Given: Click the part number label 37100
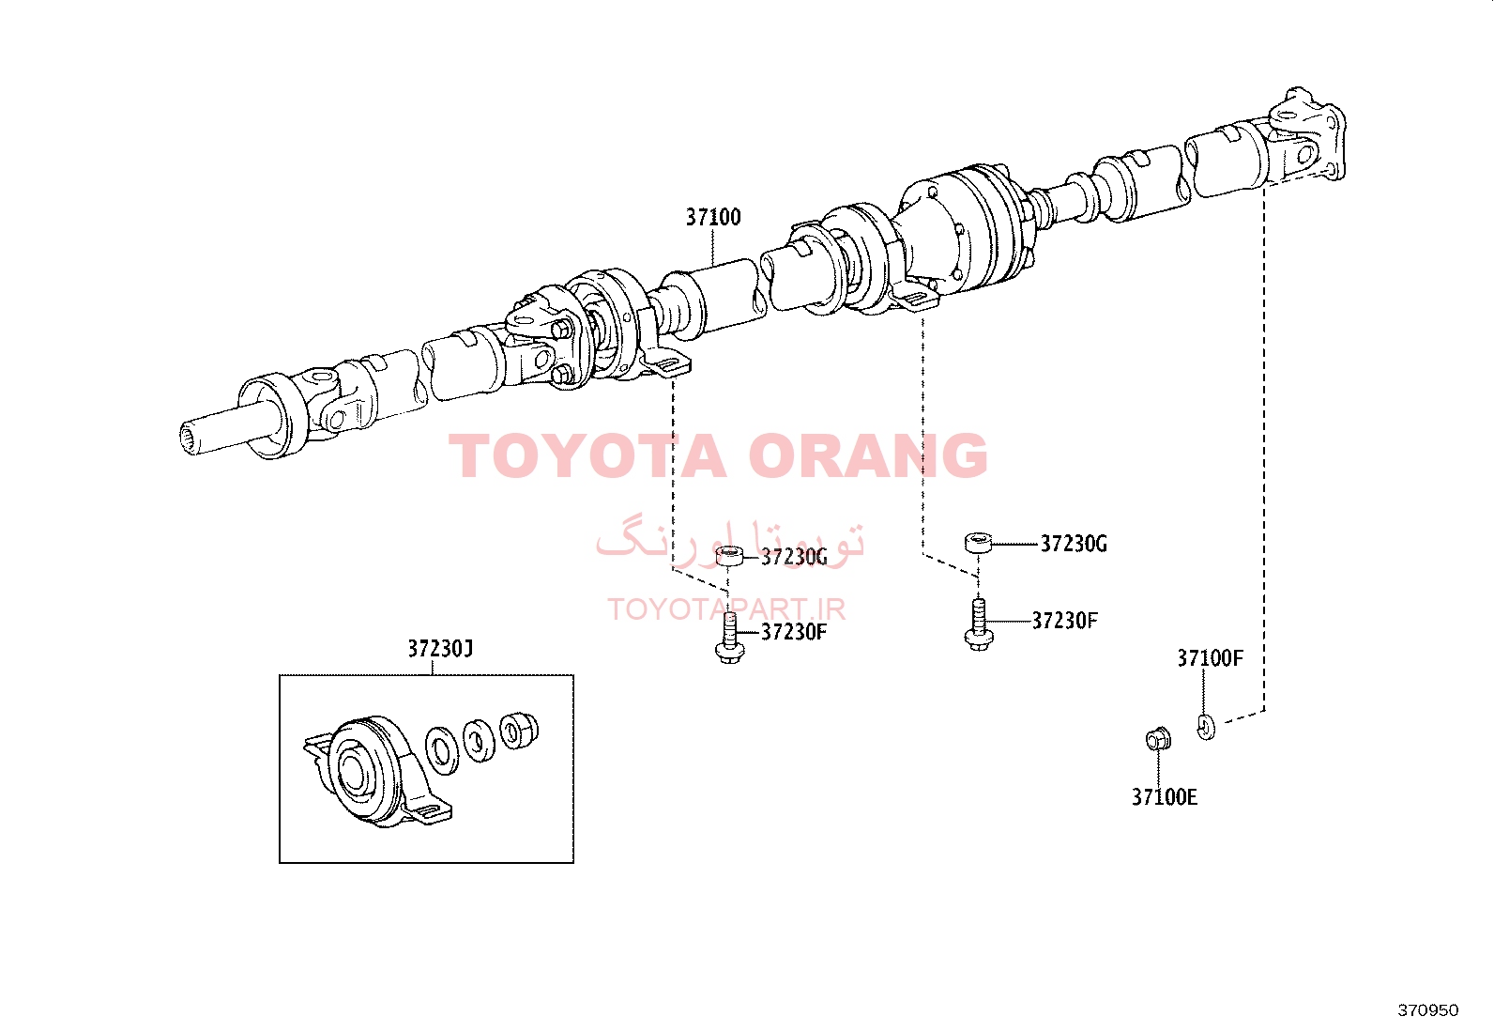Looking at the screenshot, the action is click(x=713, y=217).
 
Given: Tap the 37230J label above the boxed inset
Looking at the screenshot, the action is click(x=440, y=648).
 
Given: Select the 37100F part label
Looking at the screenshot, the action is click(x=1210, y=658).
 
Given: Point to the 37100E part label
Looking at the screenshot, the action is click(x=1165, y=797).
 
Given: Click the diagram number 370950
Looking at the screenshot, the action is click(x=1428, y=1010).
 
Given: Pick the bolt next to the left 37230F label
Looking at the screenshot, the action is click(x=730, y=639).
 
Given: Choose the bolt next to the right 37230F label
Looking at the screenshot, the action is click(x=979, y=624).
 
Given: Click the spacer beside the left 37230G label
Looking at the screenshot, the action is click(x=730, y=556).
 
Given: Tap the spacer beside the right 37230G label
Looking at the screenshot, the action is click(x=979, y=542).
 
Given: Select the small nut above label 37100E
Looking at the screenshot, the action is click(x=1159, y=739).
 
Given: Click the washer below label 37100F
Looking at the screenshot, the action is click(x=1207, y=727).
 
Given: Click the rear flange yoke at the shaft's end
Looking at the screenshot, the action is click(x=1307, y=137).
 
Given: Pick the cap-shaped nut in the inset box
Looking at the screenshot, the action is click(x=519, y=731).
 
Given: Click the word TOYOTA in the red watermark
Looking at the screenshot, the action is click(x=587, y=456).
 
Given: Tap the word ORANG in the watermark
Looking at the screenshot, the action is click(x=868, y=456).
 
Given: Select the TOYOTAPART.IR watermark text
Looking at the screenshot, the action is click(x=726, y=609).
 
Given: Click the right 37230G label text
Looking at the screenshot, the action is click(x=1074, y=544).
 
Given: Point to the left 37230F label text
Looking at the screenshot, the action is click(x=794, y=631).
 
